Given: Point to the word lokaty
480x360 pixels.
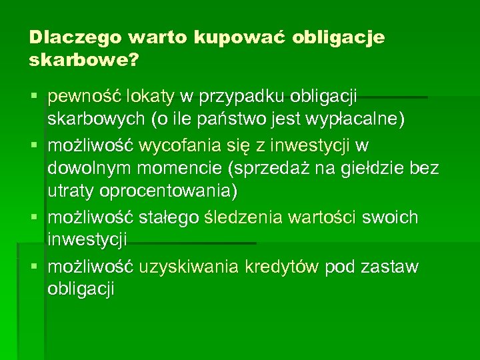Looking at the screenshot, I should click(x=151, y=97).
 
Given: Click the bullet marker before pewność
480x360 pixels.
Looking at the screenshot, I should click(x=34, y=97).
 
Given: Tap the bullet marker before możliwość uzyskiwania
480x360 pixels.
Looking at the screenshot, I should click(x=34, y=267).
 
